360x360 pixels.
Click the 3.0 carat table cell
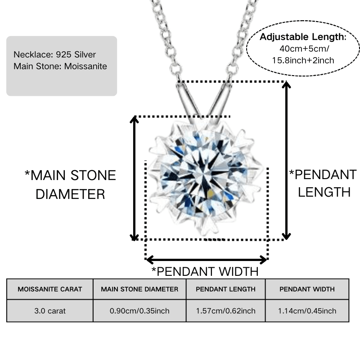coord(50,311)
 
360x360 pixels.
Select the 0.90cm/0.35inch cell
coord(139,311)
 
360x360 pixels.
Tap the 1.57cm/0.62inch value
coord(226,311)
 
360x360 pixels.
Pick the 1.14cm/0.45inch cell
coord(307,311)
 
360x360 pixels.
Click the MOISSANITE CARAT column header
coord(50,289)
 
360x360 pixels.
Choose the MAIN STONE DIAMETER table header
coord(139,289)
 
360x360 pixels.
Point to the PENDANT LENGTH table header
coord(226,289)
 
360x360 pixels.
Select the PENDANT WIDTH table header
coord(307,289)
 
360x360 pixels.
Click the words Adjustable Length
coord(303,37)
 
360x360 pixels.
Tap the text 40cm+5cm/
coord(304,49)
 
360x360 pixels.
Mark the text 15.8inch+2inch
coord(303,60)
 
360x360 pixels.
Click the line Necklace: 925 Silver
coord(54,54)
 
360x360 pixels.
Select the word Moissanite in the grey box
coord(85,66)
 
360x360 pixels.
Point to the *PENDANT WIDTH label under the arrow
coord(205,272)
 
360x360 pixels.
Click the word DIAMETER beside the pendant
coord(70,194)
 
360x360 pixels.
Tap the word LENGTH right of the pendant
coord(324,192)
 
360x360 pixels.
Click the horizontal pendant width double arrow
coord(207,260)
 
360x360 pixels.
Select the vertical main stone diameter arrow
coord(134,178)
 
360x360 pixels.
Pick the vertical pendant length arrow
coord(286,160)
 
